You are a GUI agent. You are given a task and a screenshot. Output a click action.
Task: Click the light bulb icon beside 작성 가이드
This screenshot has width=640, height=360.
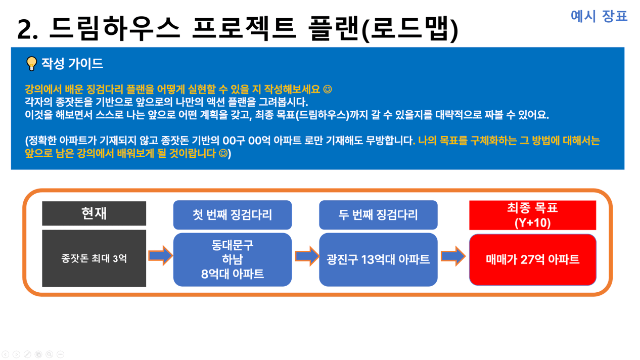pyautogui.click(x=31, y=63)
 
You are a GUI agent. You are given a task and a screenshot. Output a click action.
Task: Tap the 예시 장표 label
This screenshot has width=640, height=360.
pyautogui.click(x=599, y=16)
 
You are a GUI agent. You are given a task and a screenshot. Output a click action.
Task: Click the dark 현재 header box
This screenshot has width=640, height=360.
pyautogui.click(x=94, y=213)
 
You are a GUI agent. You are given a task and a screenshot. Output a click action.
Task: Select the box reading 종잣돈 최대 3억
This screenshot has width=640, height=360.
pyautogui.click(x=94, y=258)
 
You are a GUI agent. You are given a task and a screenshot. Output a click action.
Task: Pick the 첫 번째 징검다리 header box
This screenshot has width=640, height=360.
pyautogui.click(x=232, y=215)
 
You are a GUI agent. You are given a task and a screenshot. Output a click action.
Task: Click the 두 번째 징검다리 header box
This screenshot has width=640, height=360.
pyautogui.click(x=378, y=215)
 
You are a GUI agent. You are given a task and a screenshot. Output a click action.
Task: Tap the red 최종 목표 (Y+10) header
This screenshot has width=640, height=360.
pyautogui.click(x=532, y=215)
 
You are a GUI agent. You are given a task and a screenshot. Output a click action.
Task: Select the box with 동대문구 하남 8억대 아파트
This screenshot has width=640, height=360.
pyautogui.click(x=232, y=259)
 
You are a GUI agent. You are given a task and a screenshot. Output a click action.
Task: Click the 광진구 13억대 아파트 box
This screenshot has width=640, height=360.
pyautogui.click(x=378, y=259)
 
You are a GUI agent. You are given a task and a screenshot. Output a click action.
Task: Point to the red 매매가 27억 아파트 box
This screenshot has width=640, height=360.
pyautogui.click(x=532, y=259)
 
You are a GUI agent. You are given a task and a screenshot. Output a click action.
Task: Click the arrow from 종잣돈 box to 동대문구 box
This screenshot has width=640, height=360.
pyautogui.click(x=161, y=255)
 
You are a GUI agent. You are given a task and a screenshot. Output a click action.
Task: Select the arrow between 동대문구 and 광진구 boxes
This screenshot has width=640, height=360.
pyautogui.click(x=307, y=256)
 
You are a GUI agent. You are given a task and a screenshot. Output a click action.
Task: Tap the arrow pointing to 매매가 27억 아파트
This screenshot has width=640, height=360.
pyautogui.click(x=453, y=256)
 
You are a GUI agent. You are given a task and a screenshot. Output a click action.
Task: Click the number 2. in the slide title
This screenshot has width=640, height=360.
pyautogui.click(x=27, y=29)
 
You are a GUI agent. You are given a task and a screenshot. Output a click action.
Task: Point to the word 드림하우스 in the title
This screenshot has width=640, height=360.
pyautogui.click(x=115, y=28)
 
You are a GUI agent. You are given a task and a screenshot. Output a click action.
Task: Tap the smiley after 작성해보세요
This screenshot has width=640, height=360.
pyautogui.click(x=328, y=89)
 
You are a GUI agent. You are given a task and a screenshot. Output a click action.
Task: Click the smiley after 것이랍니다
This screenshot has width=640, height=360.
pyautogui.click(x=223, y=153)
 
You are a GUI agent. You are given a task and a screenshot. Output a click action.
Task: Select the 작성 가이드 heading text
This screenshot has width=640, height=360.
pyautogui.click(x=72, y=63)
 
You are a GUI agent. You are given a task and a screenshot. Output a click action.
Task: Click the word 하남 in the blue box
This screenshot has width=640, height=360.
pyautogui.click(x=232, y=259)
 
